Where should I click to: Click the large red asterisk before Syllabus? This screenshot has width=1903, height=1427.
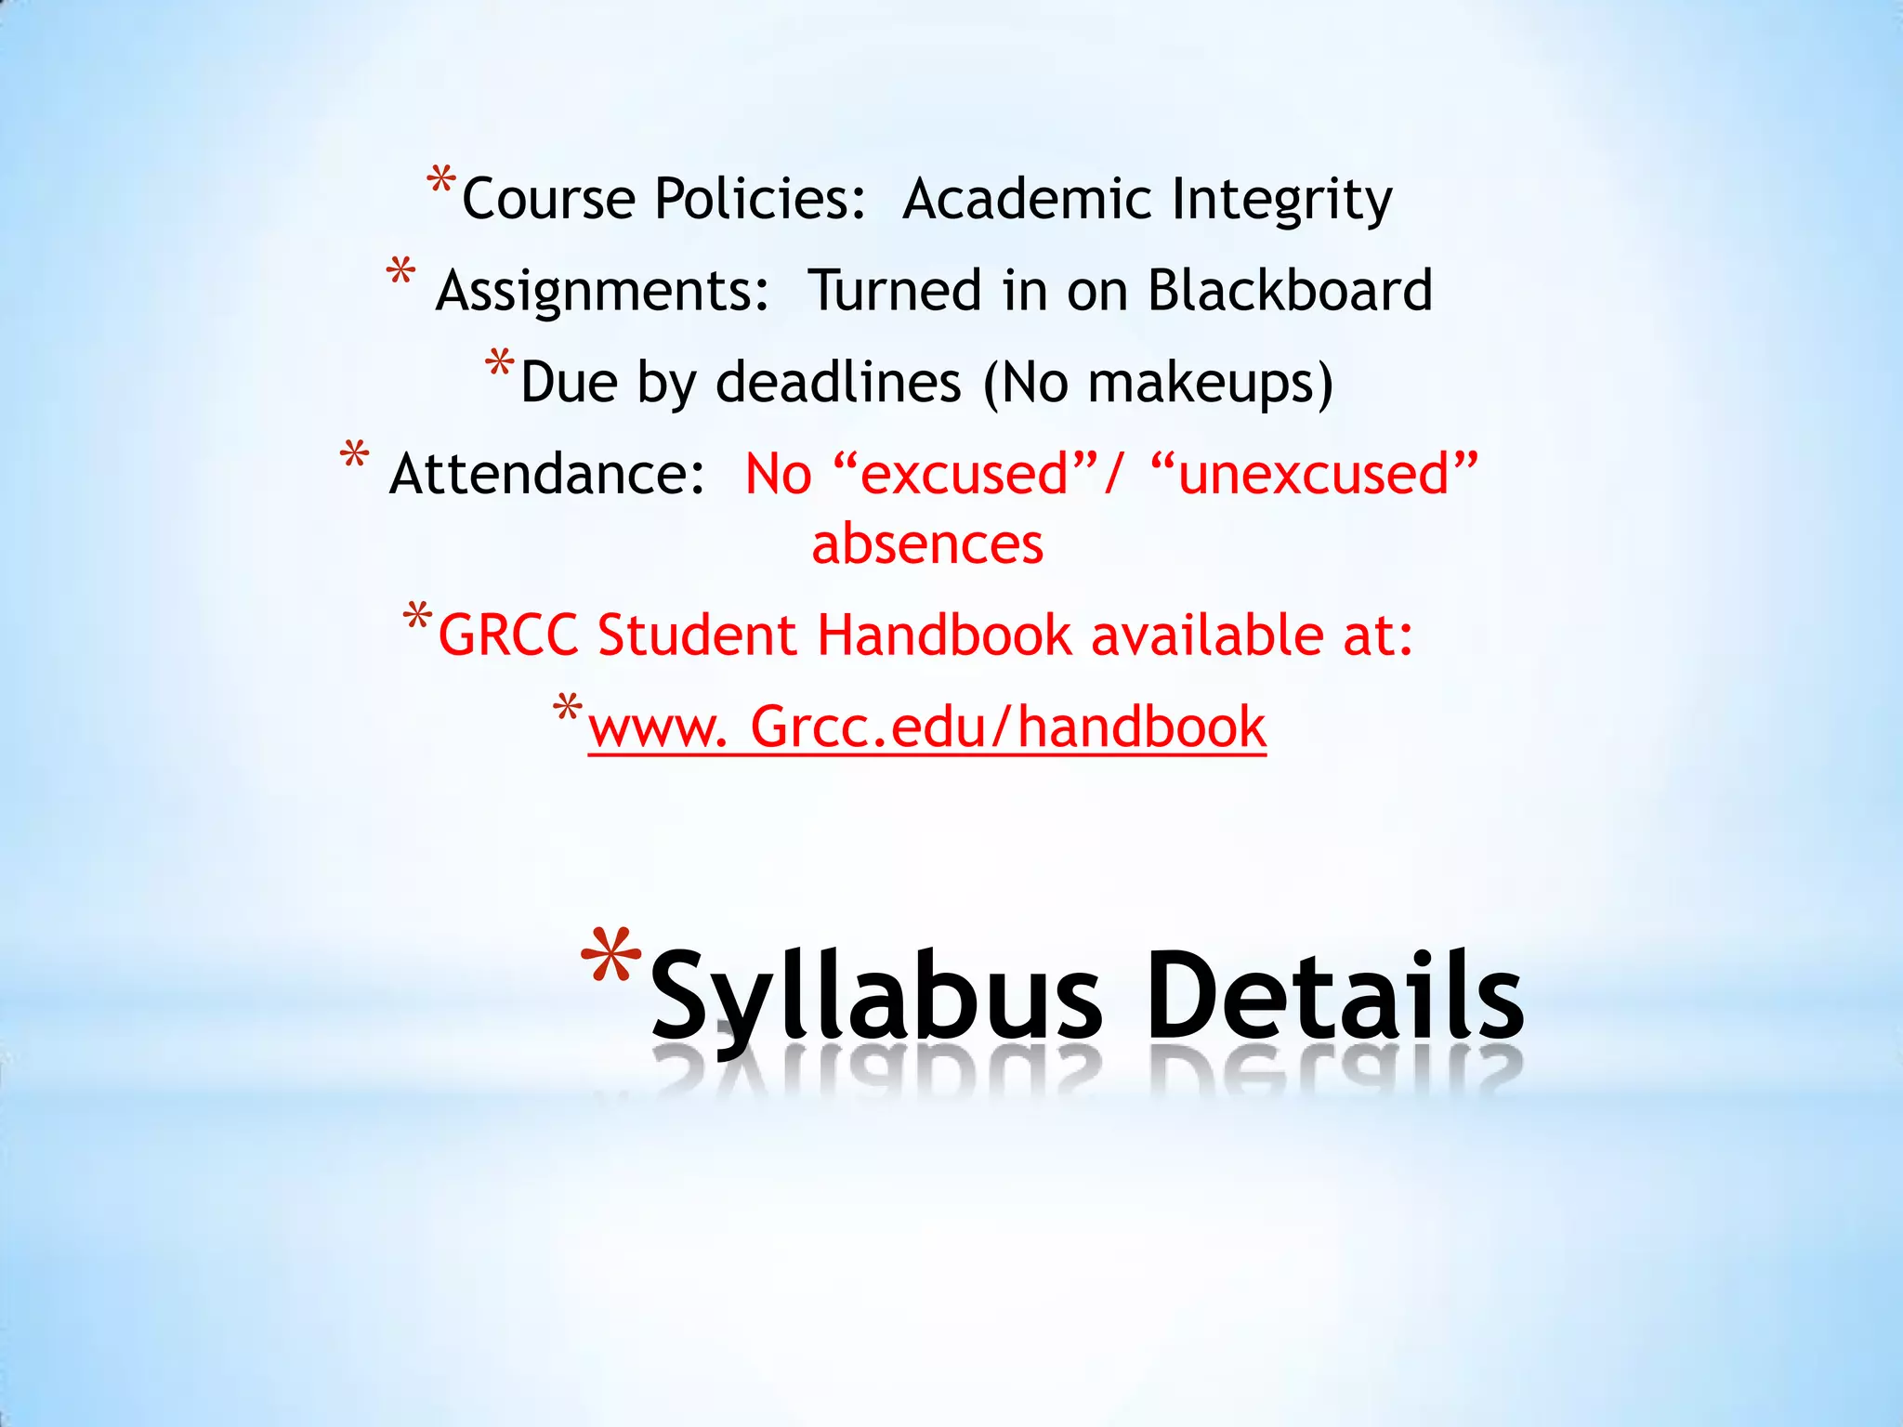click(x=610, y=959)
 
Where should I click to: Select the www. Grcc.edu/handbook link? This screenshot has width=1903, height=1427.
click(x=926, y=727)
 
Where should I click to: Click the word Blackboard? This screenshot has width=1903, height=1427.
click(x=1290, y=291)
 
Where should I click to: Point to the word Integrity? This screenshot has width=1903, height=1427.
click(x=1281, y=200)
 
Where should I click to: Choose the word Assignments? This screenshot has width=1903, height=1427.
click(x=602, y=291)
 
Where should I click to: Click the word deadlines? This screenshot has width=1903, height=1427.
click(x=838, y=383)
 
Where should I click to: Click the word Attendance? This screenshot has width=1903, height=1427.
click(x=547, y=474)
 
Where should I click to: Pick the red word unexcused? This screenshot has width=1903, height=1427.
click(x=1313, y=474)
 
